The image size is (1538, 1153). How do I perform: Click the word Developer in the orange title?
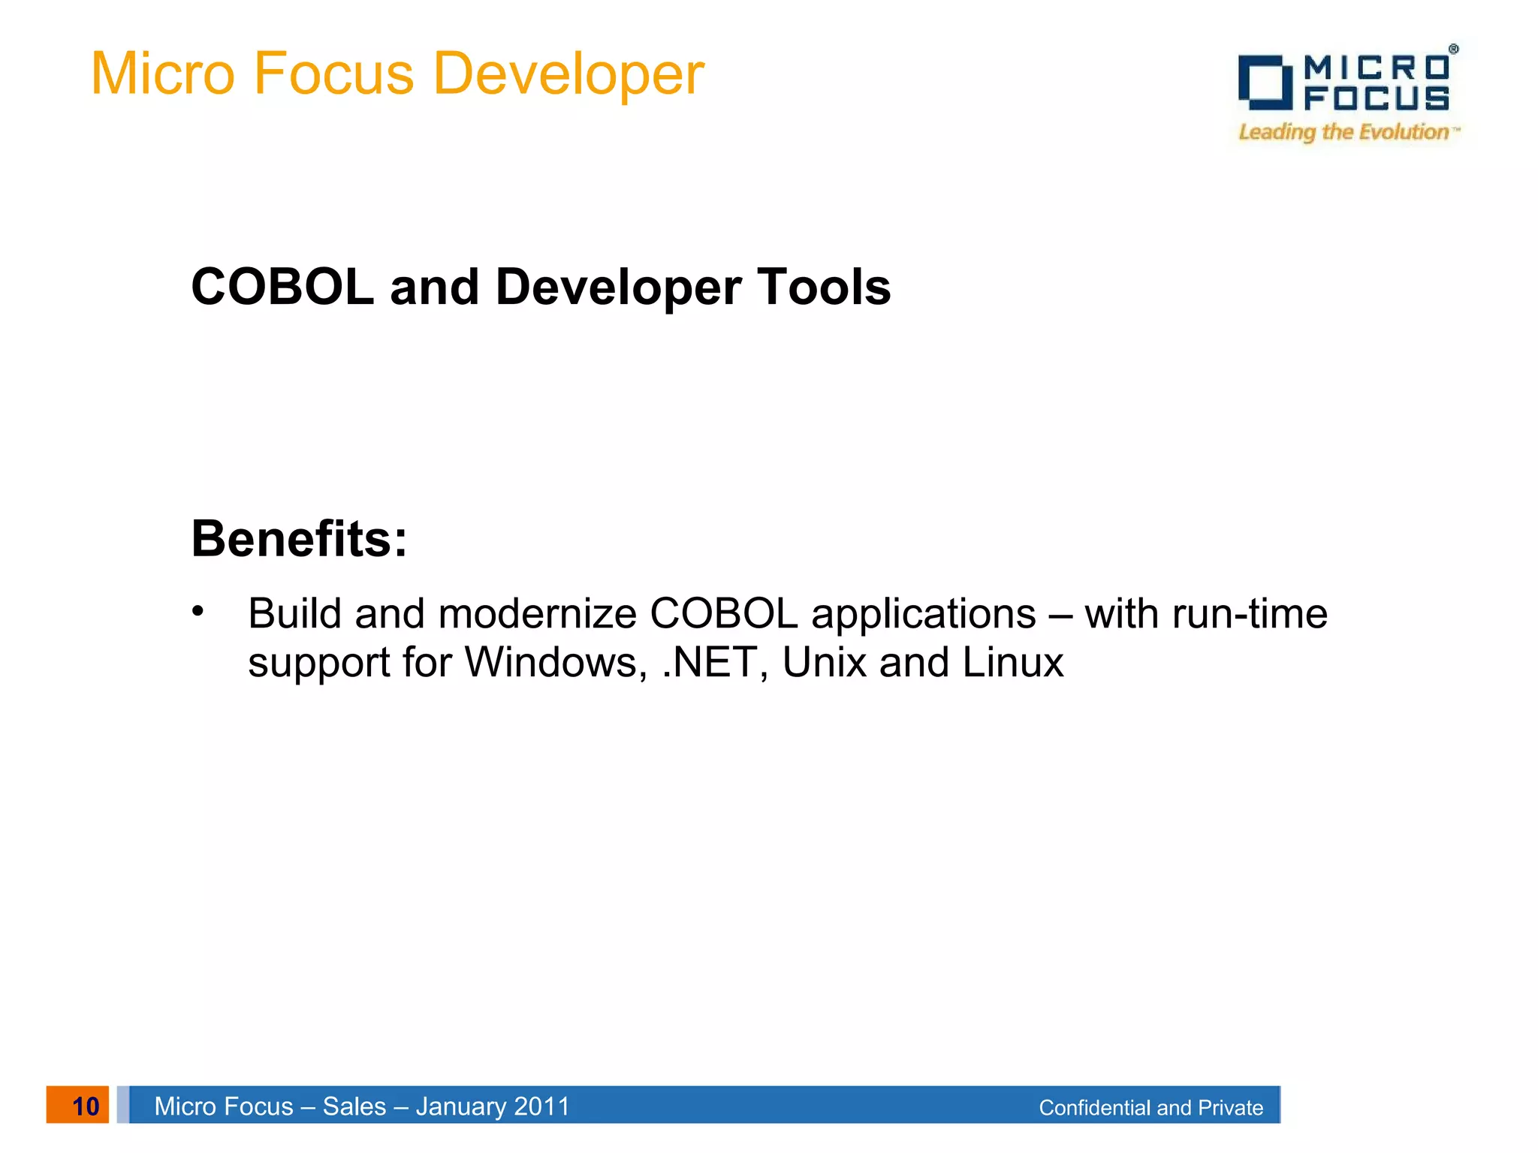tap(568, 74)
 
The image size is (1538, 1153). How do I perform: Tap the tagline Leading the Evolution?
tap(1344, 132)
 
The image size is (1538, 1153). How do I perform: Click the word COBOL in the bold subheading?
tap(282, 287)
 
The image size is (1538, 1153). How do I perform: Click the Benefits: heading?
tap(299, 539)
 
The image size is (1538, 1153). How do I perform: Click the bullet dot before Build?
tap(198, 610)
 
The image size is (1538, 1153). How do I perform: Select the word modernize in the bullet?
tap(537, 614)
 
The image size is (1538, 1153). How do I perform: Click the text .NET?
tap(708, 663)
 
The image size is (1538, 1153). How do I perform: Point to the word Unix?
tap(824, 663)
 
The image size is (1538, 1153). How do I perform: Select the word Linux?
tap(1012, 663)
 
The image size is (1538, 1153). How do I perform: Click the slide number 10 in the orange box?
tap(85, 1106)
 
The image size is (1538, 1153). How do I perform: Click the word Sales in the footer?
tap(354, 1106)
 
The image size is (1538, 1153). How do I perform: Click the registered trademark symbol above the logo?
tap(1453, 49)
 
